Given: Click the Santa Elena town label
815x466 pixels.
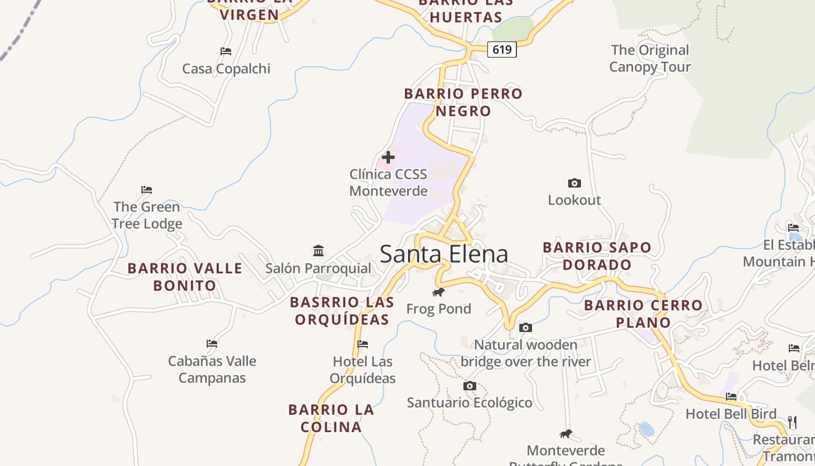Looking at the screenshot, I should point(444,254).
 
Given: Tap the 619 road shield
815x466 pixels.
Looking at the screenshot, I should point(502,50).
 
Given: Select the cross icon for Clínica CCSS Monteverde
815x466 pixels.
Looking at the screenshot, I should point(388,157).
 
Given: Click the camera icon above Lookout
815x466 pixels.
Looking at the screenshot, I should point(574,183).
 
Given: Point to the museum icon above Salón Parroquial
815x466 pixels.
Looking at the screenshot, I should point(318,250).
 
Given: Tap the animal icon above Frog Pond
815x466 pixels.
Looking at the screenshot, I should point(438,292).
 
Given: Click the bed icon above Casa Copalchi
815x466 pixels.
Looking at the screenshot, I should point(226,51).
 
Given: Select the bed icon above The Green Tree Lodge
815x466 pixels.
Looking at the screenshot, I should point(147,190).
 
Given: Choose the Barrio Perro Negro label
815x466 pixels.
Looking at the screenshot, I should point(463,102).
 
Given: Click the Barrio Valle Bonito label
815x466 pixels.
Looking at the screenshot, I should point(185,277).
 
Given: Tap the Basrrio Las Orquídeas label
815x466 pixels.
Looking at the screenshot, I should point(342,310).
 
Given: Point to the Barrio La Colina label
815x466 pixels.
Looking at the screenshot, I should point(331,418).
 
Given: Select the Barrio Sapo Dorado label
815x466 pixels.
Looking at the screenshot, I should point(597,256).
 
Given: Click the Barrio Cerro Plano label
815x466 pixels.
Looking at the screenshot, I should point(643,313).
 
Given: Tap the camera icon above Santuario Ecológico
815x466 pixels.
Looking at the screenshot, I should point(470,386).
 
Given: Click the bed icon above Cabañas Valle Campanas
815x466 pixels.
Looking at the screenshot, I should point(212,344).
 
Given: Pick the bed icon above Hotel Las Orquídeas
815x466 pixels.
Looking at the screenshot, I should point(363,344).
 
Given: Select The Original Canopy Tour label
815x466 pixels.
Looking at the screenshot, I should point(650,58).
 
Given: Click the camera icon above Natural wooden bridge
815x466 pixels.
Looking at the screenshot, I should point(525,327).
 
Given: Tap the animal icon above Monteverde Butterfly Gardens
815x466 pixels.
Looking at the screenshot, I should point(565,433).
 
